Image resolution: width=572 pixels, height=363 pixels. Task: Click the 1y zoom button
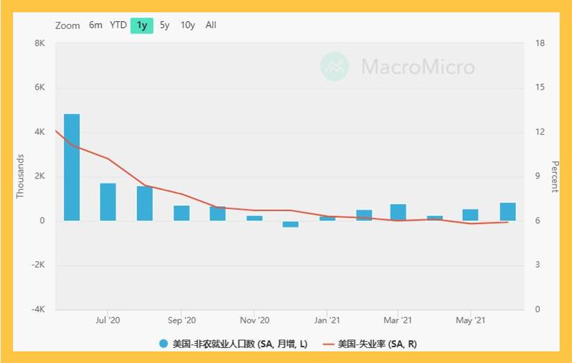(x=142, y=25)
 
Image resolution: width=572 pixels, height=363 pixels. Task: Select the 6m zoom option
(x=96, y=25)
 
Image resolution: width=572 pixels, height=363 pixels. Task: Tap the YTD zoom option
(x=119, y=25)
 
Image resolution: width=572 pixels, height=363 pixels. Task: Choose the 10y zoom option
(x=188, y=25)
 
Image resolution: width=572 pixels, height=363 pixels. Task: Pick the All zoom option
(x=211, y=25)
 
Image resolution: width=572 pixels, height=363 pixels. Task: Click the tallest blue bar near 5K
(x=72, y=167)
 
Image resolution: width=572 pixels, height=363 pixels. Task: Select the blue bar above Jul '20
(x=108, y=202)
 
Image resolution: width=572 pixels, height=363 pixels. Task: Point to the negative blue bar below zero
(x=290, y=224)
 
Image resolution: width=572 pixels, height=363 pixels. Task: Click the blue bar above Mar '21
(x=398, y=213)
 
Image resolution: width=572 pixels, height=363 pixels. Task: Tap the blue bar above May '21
(x=471, y=215)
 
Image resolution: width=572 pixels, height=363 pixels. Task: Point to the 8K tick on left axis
(x=40, y=43)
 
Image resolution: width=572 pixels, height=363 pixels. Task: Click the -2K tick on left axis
(x=38, y=265)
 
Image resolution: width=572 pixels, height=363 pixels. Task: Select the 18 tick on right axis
(x=540, y=43)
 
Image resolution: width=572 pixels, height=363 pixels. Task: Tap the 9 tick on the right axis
(x=537, y=176)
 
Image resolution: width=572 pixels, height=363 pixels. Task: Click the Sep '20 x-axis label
(x=182, y=321)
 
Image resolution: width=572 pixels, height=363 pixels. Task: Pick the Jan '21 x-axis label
(x=327, y=321)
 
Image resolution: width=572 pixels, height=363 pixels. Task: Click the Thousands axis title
(x=20, y=176)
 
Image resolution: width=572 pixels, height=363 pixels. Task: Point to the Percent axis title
(x=555, y=176)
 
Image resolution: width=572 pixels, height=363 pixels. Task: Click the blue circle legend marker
(x=164, y=343)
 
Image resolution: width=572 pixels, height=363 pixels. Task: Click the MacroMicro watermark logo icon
(x=334, y=66)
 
